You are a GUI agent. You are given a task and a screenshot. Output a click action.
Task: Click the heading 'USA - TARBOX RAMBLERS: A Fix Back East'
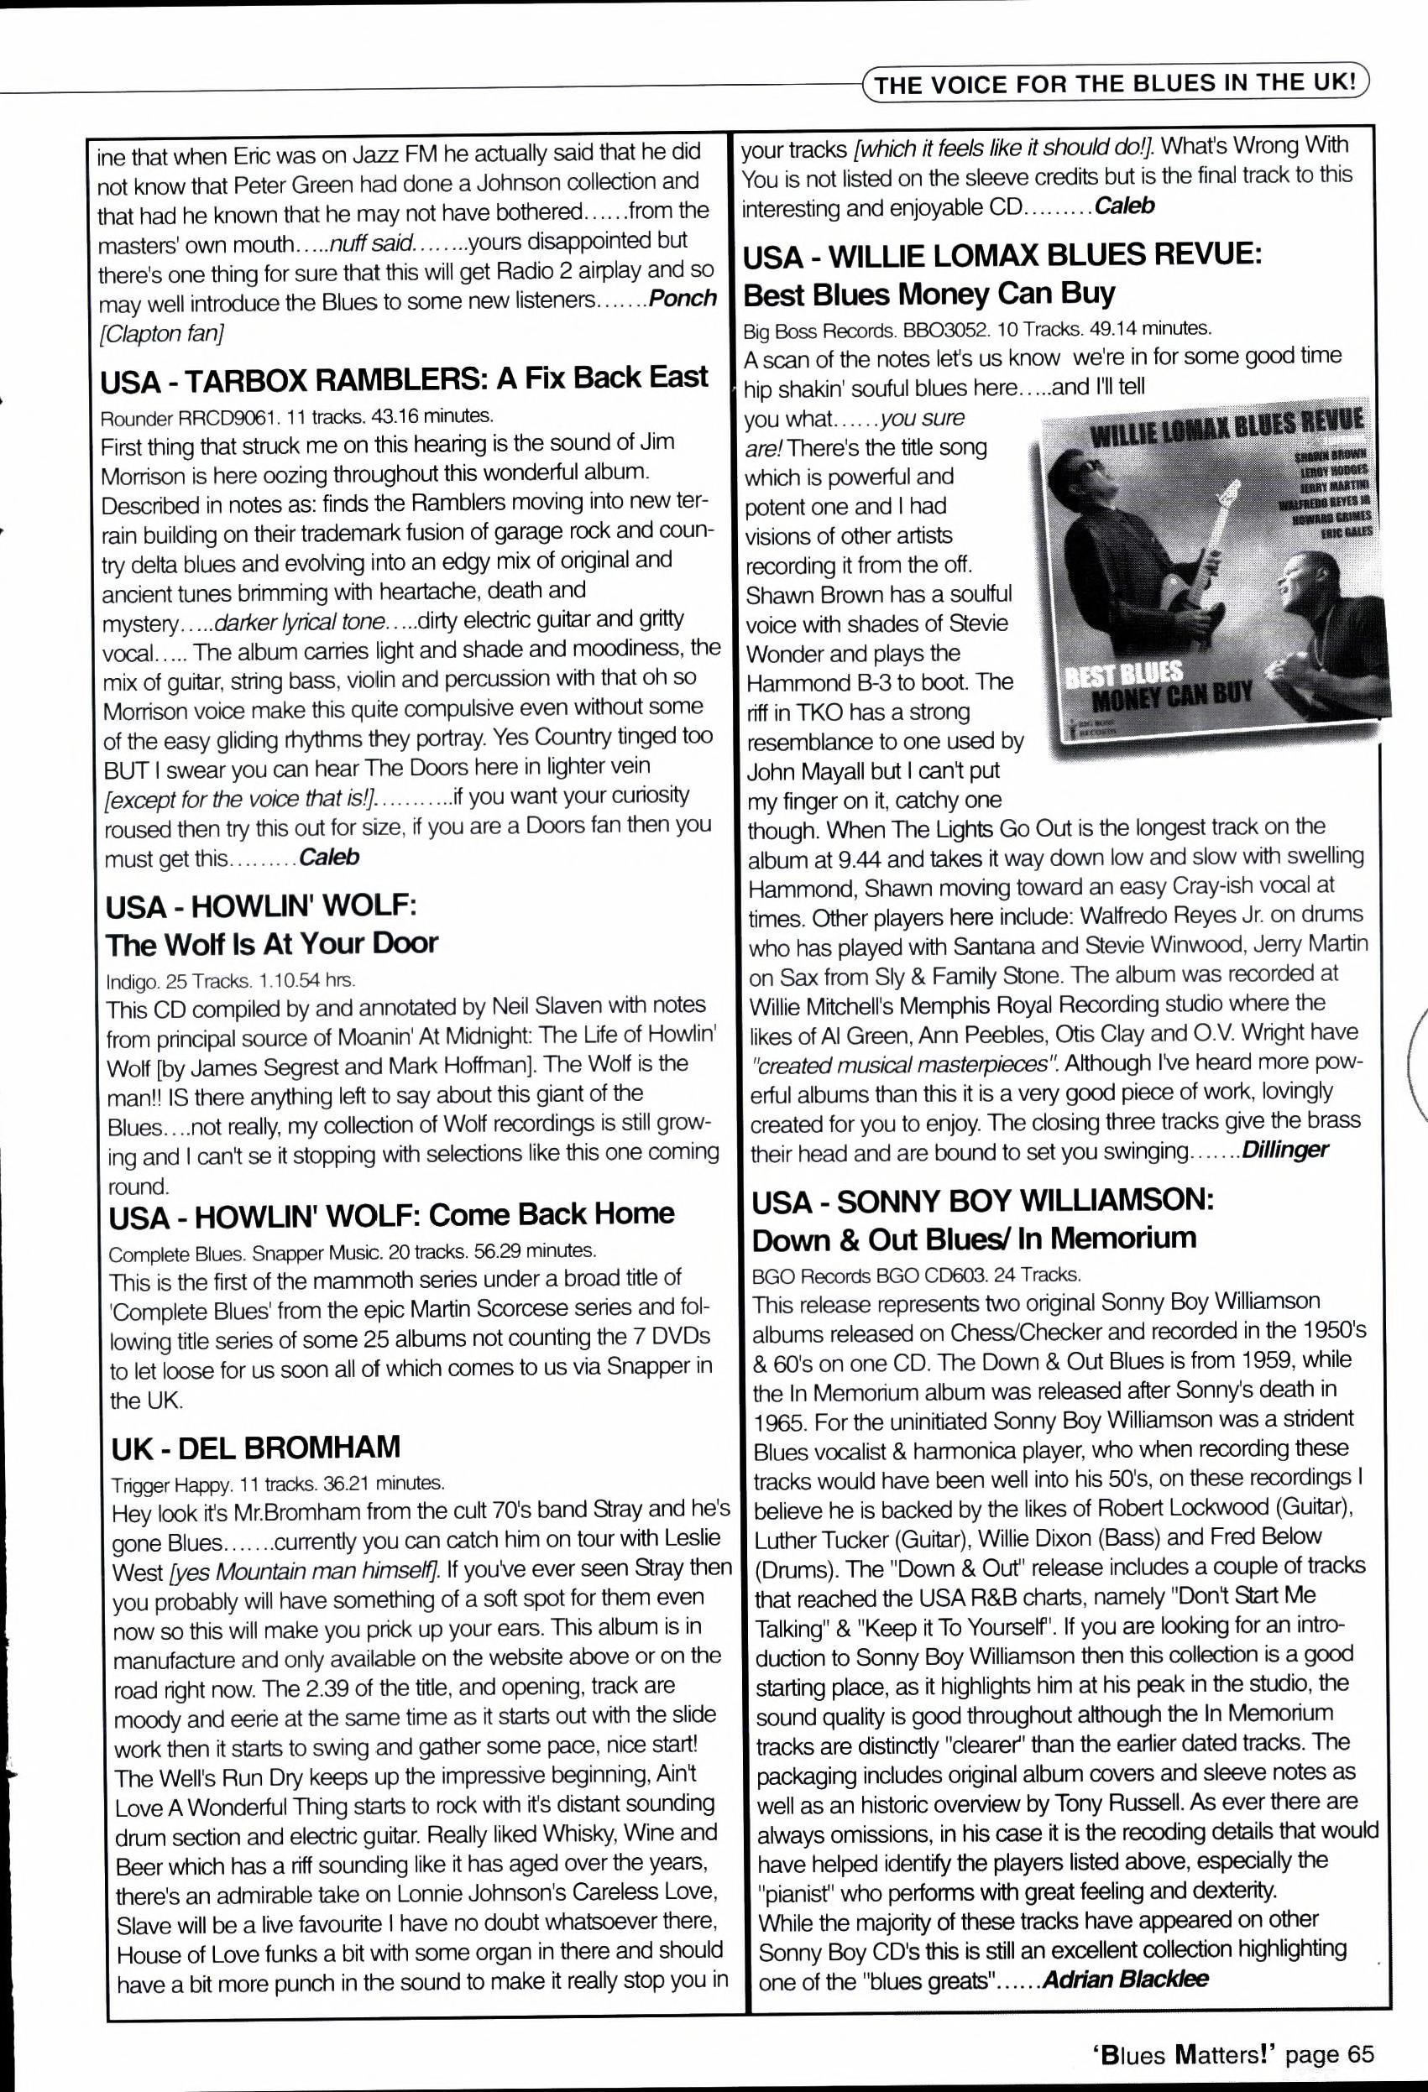pos(405,379)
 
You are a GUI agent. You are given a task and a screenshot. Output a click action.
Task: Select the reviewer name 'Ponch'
pos(683,299)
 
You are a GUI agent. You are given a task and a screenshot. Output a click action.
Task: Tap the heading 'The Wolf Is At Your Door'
pos(272,943)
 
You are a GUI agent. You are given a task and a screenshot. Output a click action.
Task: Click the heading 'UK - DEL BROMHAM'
pos(256,1448)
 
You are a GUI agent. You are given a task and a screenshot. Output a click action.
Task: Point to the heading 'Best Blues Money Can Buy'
pos(929,294)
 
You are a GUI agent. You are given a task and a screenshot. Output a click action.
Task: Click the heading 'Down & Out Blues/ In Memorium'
pos(974,1239)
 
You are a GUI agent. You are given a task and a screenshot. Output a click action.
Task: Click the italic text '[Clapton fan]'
pos(162,334)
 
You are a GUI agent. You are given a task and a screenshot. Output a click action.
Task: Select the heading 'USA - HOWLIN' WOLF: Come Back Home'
pos(392,1214)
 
